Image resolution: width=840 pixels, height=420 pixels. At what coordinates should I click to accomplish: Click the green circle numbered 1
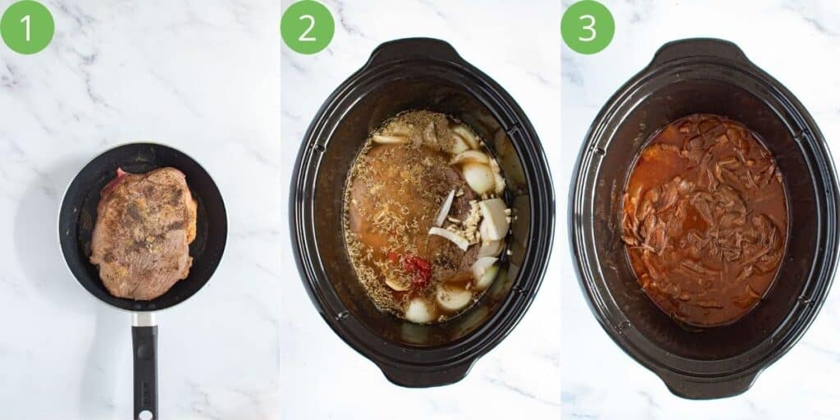pyautogui.click(x=27, y=27)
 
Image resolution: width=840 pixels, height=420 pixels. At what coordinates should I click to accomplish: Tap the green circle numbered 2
pyautogui.click(x=308, y=27)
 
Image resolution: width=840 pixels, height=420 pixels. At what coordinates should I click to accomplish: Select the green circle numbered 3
pyautogui.click(x=587, y=27)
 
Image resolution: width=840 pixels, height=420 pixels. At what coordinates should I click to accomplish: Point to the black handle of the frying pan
pyautogui.click(x=145, y=369)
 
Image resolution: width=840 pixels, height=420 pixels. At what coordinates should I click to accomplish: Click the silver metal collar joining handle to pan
pyautogui.click(x=144, y=319)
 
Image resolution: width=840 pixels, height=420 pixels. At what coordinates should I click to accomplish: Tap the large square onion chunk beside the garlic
pyautogui.click(x=495, y=218)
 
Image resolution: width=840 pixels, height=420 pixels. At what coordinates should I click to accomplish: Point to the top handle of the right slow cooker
pyautogui.click(x=702, y=51)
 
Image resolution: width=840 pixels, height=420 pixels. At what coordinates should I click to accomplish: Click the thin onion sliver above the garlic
pyautogui.click(x=445, y=207)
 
